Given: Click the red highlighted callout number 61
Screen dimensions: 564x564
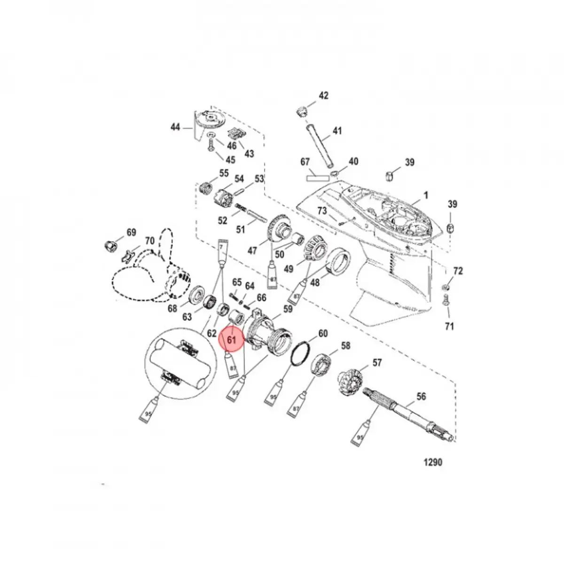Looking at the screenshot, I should click(231, 338).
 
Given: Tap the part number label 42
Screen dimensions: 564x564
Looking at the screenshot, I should click(324, 96).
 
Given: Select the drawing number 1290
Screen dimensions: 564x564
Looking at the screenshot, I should click(433, 462).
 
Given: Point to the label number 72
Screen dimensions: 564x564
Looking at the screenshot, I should click(458, 271).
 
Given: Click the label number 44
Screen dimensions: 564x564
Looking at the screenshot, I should click(175, 127).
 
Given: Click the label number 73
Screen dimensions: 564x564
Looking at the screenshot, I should click(321, 211).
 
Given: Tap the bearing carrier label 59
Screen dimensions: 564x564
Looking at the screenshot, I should click(288, 309).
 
